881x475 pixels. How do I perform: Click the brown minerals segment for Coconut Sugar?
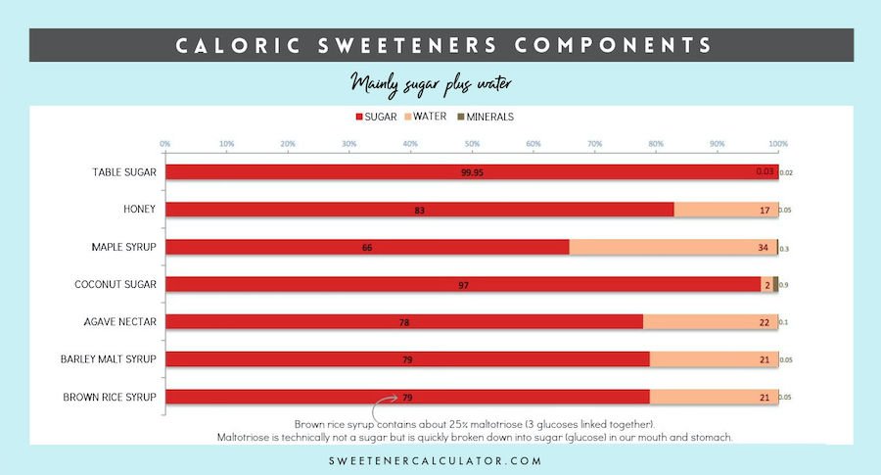click(x=775, y=284)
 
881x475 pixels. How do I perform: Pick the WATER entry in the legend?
click(x=425, y=117)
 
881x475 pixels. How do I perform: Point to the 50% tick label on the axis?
click(x=472, y=144)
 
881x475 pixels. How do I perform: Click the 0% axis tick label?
click(x=165, y=144)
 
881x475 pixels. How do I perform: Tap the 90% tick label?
click(x=717, y=144)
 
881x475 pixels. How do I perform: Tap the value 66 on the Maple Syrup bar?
click(x=367, y=247)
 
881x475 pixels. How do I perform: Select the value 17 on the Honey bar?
click(x=764, y=210)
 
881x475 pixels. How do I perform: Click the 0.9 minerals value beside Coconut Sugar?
click(x=784, y=285)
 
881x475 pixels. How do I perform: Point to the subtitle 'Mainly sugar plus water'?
click(x=431, y=84)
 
